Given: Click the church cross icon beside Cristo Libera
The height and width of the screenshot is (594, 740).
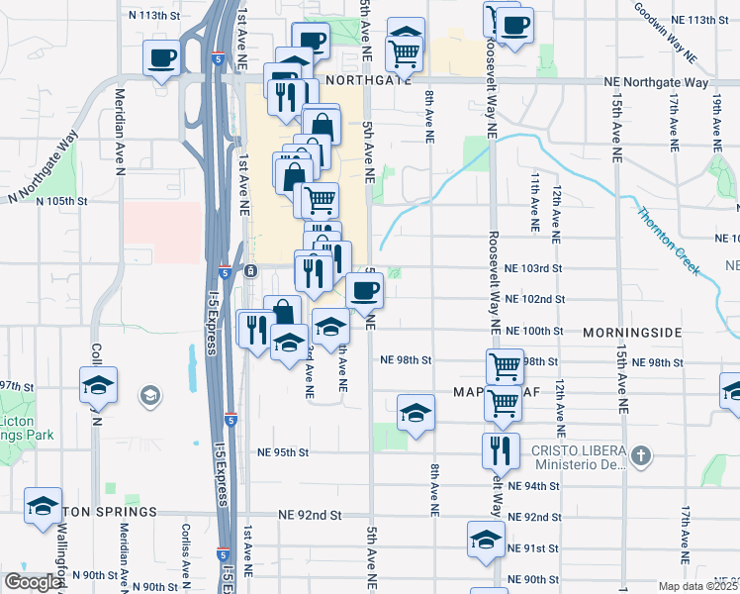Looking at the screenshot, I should [x=642, y=456].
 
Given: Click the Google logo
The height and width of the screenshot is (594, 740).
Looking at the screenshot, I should [x=33, y=582].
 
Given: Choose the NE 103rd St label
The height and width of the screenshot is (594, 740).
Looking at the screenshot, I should [x=533, y=268].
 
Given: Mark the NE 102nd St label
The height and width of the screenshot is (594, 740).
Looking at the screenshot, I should [x=533, y=299].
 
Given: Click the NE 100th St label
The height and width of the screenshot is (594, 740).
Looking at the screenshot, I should [x=533, y=331].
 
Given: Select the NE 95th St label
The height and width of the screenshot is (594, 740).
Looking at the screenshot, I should [x=284, y=452].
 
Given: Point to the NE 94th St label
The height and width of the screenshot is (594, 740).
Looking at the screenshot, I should [x=533, y=486].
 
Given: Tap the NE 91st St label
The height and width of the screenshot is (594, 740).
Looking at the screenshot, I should [x=533, y=548].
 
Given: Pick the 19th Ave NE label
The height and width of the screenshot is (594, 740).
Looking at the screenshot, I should [x=716, y=117].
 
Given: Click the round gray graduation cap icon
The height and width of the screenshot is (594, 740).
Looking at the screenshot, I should [x=149, y=397].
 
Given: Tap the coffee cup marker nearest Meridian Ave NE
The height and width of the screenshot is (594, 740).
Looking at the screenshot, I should [x=162, y=57].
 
